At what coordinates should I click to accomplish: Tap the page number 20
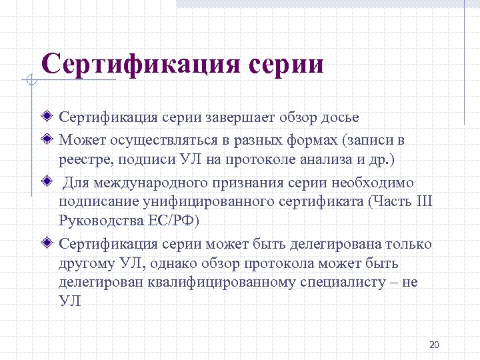click(x=434, y=345)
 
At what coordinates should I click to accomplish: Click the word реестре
click(x=83, y=161)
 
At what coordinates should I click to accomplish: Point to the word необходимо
click(x=376, y=183)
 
